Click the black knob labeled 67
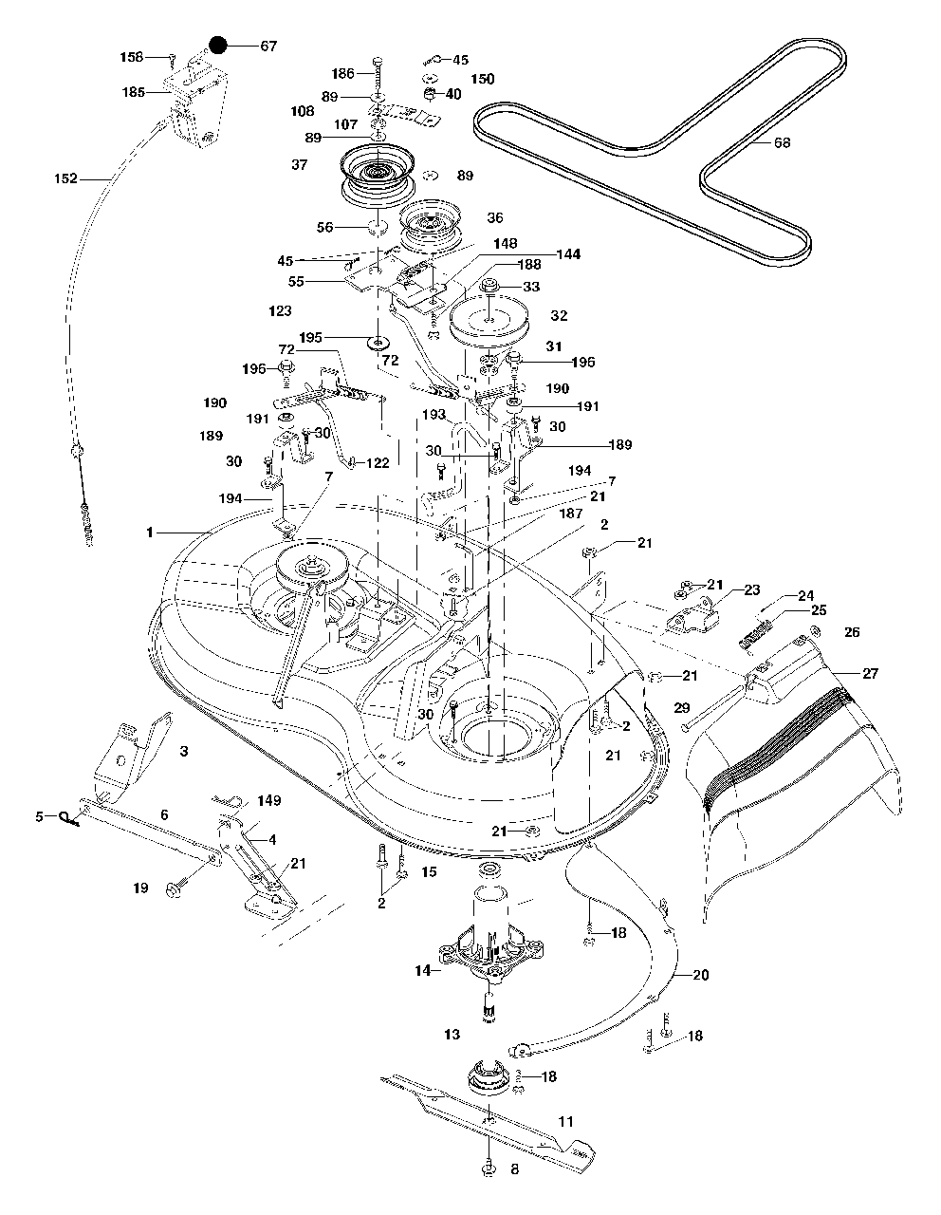click(218, 46)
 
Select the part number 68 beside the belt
click(782, 143)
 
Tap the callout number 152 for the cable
click(66, 178)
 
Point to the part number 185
click(134, 92)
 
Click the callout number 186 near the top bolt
click(342, 73)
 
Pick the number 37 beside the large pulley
click(300, 165)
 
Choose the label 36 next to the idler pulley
click(494, 217)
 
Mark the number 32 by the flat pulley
click(559, 316)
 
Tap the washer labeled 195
click(378, 340)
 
